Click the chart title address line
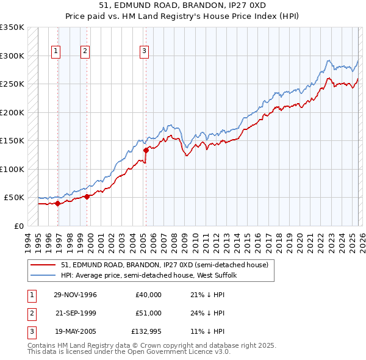[x=182, y=5]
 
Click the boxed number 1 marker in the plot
[x=56, y=52]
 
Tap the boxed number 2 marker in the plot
[x=85, y=52]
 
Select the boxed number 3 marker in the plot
[x=145, y=52]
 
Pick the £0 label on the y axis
[x=18, y=226]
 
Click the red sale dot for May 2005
[x=146, y=150]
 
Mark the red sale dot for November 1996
[x=58, y=204]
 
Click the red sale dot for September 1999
[x=87, y=196]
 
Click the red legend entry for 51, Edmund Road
[x=165, y=265]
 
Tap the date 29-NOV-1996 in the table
[x=75, y=295]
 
